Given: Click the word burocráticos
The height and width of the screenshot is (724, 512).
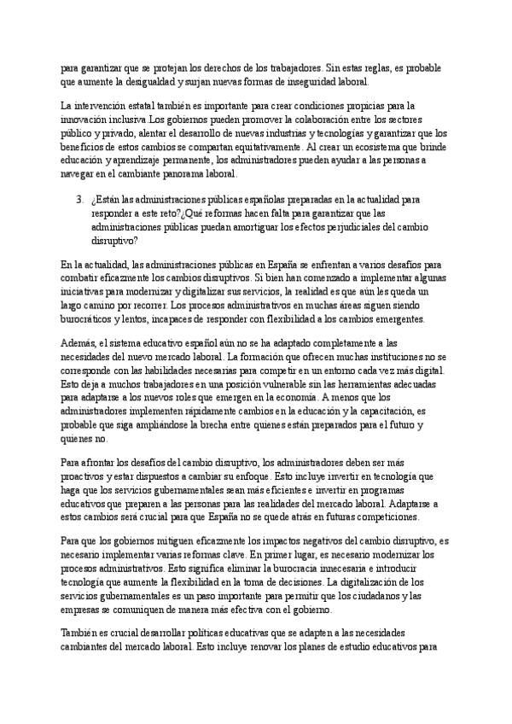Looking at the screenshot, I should click(92, 318).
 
